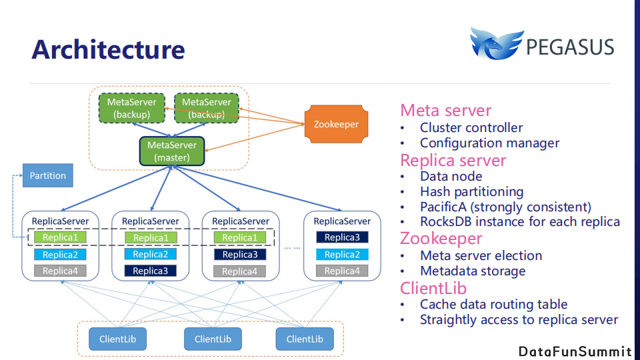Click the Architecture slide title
[x=108, y=49]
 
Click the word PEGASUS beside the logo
[x=569, y=47]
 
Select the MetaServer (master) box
[x=172, y=151]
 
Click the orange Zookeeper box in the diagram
[x=336, y=124]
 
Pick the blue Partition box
[x=47, y=175]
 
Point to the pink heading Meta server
[x=445, y=111]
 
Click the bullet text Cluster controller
[x=471, y=127]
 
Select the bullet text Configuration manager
[x=489, y=143]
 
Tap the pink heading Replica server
[x=453, y=160]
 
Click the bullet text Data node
[x=451, y=176]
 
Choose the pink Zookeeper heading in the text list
[x=441, y=238]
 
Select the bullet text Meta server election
[x=481, y=255]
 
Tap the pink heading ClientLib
[x=433, y=288]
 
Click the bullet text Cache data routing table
[x=493, y=304]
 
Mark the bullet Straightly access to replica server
[x=519, y=320]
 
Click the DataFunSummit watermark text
[x=575, y=351]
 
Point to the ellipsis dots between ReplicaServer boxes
[x=292, y=247]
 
